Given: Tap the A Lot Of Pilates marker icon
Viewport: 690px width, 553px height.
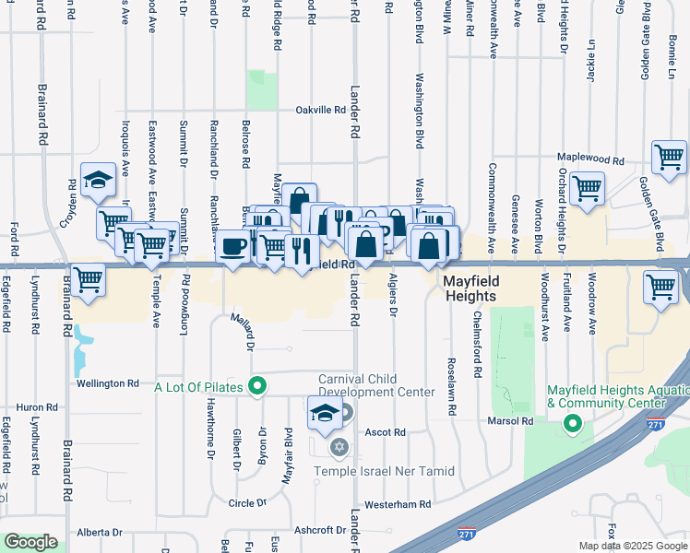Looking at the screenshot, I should tap(257, 387).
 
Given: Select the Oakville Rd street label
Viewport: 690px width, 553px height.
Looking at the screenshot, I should tap(320, 110).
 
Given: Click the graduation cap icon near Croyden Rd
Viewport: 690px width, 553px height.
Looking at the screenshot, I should tap(97, 182).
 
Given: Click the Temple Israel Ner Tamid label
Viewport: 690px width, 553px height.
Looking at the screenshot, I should tap(385, 471).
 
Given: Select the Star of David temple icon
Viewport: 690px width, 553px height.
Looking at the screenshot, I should tap(339, 448).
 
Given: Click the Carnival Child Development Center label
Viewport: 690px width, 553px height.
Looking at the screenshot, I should tap(376, 385).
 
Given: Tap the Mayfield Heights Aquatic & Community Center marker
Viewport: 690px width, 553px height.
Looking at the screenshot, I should tap(572, 424).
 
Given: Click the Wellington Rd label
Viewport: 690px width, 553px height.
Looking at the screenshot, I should tap(108, 382).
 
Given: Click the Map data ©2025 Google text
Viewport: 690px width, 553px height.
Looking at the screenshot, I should tap(632, 546).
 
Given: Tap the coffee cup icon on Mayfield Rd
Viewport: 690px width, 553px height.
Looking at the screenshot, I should tap(232, 247).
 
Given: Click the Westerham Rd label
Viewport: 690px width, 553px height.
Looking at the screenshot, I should tap(398, 504).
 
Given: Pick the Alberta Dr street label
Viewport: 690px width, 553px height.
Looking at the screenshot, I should tap(100, 532).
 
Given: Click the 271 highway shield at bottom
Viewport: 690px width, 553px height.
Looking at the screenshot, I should tap(468, 533).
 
